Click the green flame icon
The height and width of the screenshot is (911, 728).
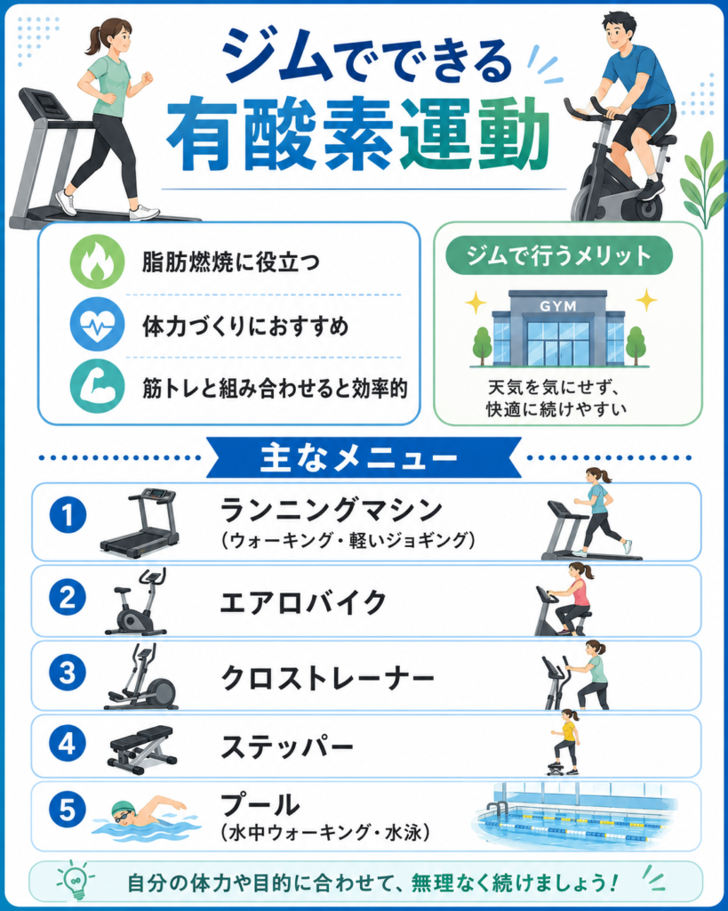pos(97,262)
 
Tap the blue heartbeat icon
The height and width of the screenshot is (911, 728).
pos(97,324)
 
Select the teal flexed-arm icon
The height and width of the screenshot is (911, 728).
pos(97,386)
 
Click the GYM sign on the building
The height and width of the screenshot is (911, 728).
pos(557,306)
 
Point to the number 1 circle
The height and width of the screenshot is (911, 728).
pos(68,515)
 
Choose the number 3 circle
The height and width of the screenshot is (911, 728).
pos(68,673)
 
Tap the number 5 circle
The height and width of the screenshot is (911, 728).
pos(68,810)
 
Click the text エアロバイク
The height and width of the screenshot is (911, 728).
pos(302,602)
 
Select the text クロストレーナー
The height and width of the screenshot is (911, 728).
pos(327,677)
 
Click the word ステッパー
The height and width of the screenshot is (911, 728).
pos(287,746)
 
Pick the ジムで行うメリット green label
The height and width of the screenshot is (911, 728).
pos(559,255)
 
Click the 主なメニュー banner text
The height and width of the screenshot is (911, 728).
pos(359,458)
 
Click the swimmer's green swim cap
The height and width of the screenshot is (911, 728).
pos(121,807)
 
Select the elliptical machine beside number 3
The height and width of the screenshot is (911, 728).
pos(141,676)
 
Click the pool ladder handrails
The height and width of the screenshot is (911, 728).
pos(497,810)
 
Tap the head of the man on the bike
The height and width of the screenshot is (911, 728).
pos(619,32)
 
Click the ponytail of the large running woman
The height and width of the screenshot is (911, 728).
pos(92,42)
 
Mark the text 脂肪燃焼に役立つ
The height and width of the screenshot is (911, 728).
pos(231,262)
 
